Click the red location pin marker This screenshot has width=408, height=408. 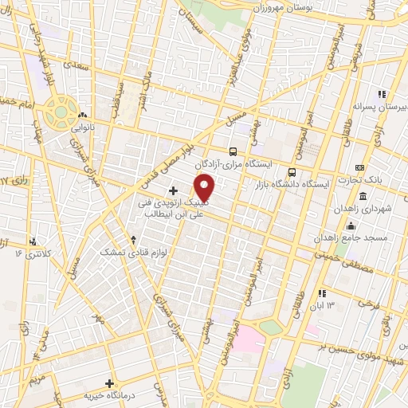(x=206, y=187)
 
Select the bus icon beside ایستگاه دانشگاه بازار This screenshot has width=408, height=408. (x=292, y=172)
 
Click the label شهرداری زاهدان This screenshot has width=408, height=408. (x=384, y=208)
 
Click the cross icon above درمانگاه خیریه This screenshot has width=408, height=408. (x=110, y=383)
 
